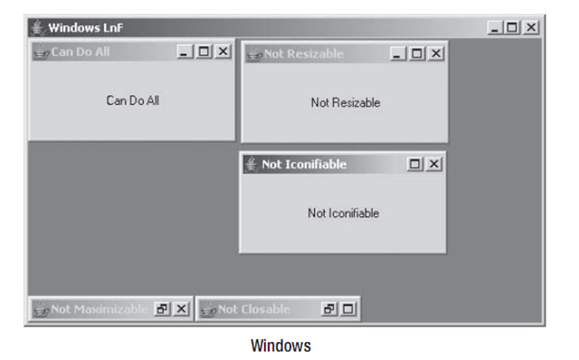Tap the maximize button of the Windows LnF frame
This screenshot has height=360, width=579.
tap(513, 28)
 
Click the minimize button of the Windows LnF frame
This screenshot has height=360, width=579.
tap(496, 28)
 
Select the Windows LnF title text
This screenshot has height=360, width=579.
tap(86, 28)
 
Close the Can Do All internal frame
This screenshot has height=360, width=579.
tap(223, 52)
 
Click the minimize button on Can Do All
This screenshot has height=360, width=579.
tap(186, 52)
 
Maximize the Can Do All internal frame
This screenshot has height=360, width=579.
tap(204, 52)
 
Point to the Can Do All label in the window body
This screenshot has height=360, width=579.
tap(132, 100)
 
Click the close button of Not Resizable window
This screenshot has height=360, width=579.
tap(436, 54)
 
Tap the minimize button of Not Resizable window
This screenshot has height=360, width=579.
tap(400, 54)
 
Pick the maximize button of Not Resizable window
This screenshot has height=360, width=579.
tap(418, 54)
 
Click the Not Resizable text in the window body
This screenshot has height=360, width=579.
tap(346, 103)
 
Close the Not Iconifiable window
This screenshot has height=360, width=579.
tap(434, 165)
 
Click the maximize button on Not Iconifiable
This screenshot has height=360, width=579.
tap(416, 165)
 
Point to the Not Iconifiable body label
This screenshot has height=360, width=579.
tap(343, 213)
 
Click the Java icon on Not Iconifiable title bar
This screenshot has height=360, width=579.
tap(252, 165)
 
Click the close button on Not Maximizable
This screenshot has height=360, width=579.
tap(181, 309)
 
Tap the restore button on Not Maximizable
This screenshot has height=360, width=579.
tap(163, 309)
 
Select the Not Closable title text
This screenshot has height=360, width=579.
tap(254, 309)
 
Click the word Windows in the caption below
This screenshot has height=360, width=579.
tap(280, 346)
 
